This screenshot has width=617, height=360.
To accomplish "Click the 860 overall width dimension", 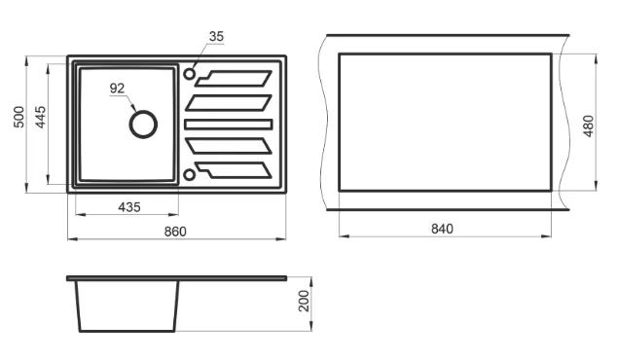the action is [x=175, y=232].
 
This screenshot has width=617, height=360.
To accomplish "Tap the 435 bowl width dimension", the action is [x=129, y=207].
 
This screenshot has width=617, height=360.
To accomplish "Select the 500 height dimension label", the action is [x=18, y=117].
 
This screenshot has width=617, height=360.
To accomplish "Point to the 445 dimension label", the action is [x=41, y=117].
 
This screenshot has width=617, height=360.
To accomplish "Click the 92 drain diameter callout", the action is [x=117, y=89].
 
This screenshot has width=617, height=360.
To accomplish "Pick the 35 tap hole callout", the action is [x=216, y=36].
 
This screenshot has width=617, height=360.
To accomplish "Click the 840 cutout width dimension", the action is [x=442, y=229].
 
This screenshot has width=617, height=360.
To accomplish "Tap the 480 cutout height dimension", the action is [x=588, y=126].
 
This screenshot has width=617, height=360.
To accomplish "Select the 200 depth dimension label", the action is [x=305, y=301].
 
